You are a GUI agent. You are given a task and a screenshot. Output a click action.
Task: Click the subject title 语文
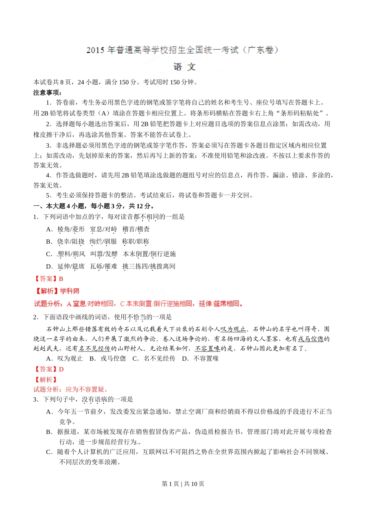(x=185, y=67)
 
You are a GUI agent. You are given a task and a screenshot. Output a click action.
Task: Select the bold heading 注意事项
(x=47, y=92)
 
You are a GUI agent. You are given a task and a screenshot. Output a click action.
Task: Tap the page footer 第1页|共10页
(x=183, y=484)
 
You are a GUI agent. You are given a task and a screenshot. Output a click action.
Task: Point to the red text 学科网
(x=70, y=291)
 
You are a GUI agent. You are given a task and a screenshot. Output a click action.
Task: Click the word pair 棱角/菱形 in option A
(x=71, y=229)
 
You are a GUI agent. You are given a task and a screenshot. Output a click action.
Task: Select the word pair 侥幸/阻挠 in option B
(x=71, y=242)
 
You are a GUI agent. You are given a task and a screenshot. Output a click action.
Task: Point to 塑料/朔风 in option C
(x=72, y=254)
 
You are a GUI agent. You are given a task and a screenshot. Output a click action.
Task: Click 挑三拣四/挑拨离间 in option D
(x=149, y=266)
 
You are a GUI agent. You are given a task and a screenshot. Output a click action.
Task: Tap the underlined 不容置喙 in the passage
(x=207, y=348)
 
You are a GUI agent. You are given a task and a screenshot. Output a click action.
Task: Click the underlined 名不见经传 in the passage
(x=94, y=348)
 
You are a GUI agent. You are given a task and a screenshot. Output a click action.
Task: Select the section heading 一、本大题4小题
(x=94, y=206)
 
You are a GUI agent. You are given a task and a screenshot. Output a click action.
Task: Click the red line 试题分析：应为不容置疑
(x=71, y=389)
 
